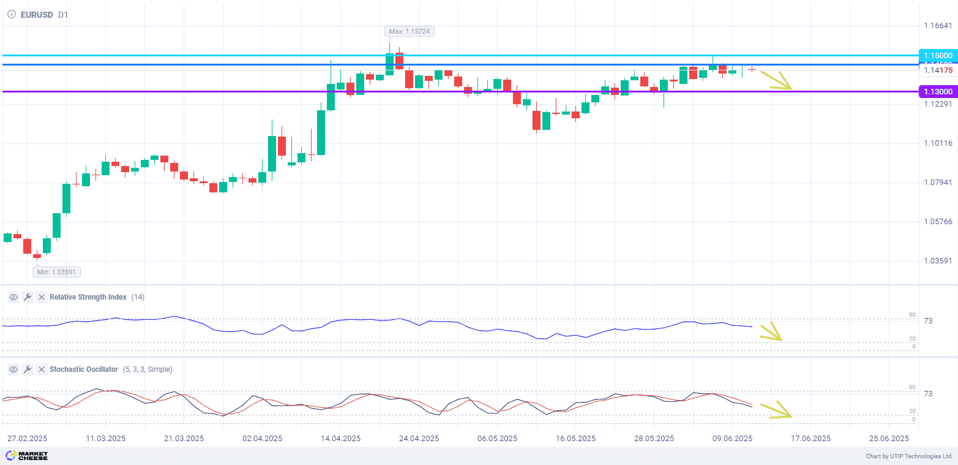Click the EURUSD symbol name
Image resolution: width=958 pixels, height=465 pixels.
(x=36, y=15)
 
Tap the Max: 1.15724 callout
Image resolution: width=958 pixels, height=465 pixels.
(x=410, y=31)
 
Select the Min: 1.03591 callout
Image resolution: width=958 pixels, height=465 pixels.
(x=57, y=271)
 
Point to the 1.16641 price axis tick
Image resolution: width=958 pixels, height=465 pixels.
(x=938, y=26)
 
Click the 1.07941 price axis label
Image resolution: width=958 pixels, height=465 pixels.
(x=938, y=183)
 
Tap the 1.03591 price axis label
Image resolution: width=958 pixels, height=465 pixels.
(x=938, y=261)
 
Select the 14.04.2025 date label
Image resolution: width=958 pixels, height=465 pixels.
(x=340, y=439)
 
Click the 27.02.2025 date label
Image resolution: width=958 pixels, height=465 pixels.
(x=27, y=439)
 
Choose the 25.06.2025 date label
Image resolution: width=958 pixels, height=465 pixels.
(x=889, y=439)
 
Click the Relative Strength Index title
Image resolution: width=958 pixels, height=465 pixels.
(x=88, y=297)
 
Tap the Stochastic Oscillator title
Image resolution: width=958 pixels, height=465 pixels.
(x=83, y=369)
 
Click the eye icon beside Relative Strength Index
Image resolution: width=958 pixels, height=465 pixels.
(x=13, y=297)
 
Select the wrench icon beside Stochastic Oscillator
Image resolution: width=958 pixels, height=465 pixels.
(x=27, y=369)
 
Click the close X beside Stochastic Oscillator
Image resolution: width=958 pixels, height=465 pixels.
(x=41, y=369)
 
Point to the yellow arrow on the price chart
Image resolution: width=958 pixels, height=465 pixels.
(x=776, y=80)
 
